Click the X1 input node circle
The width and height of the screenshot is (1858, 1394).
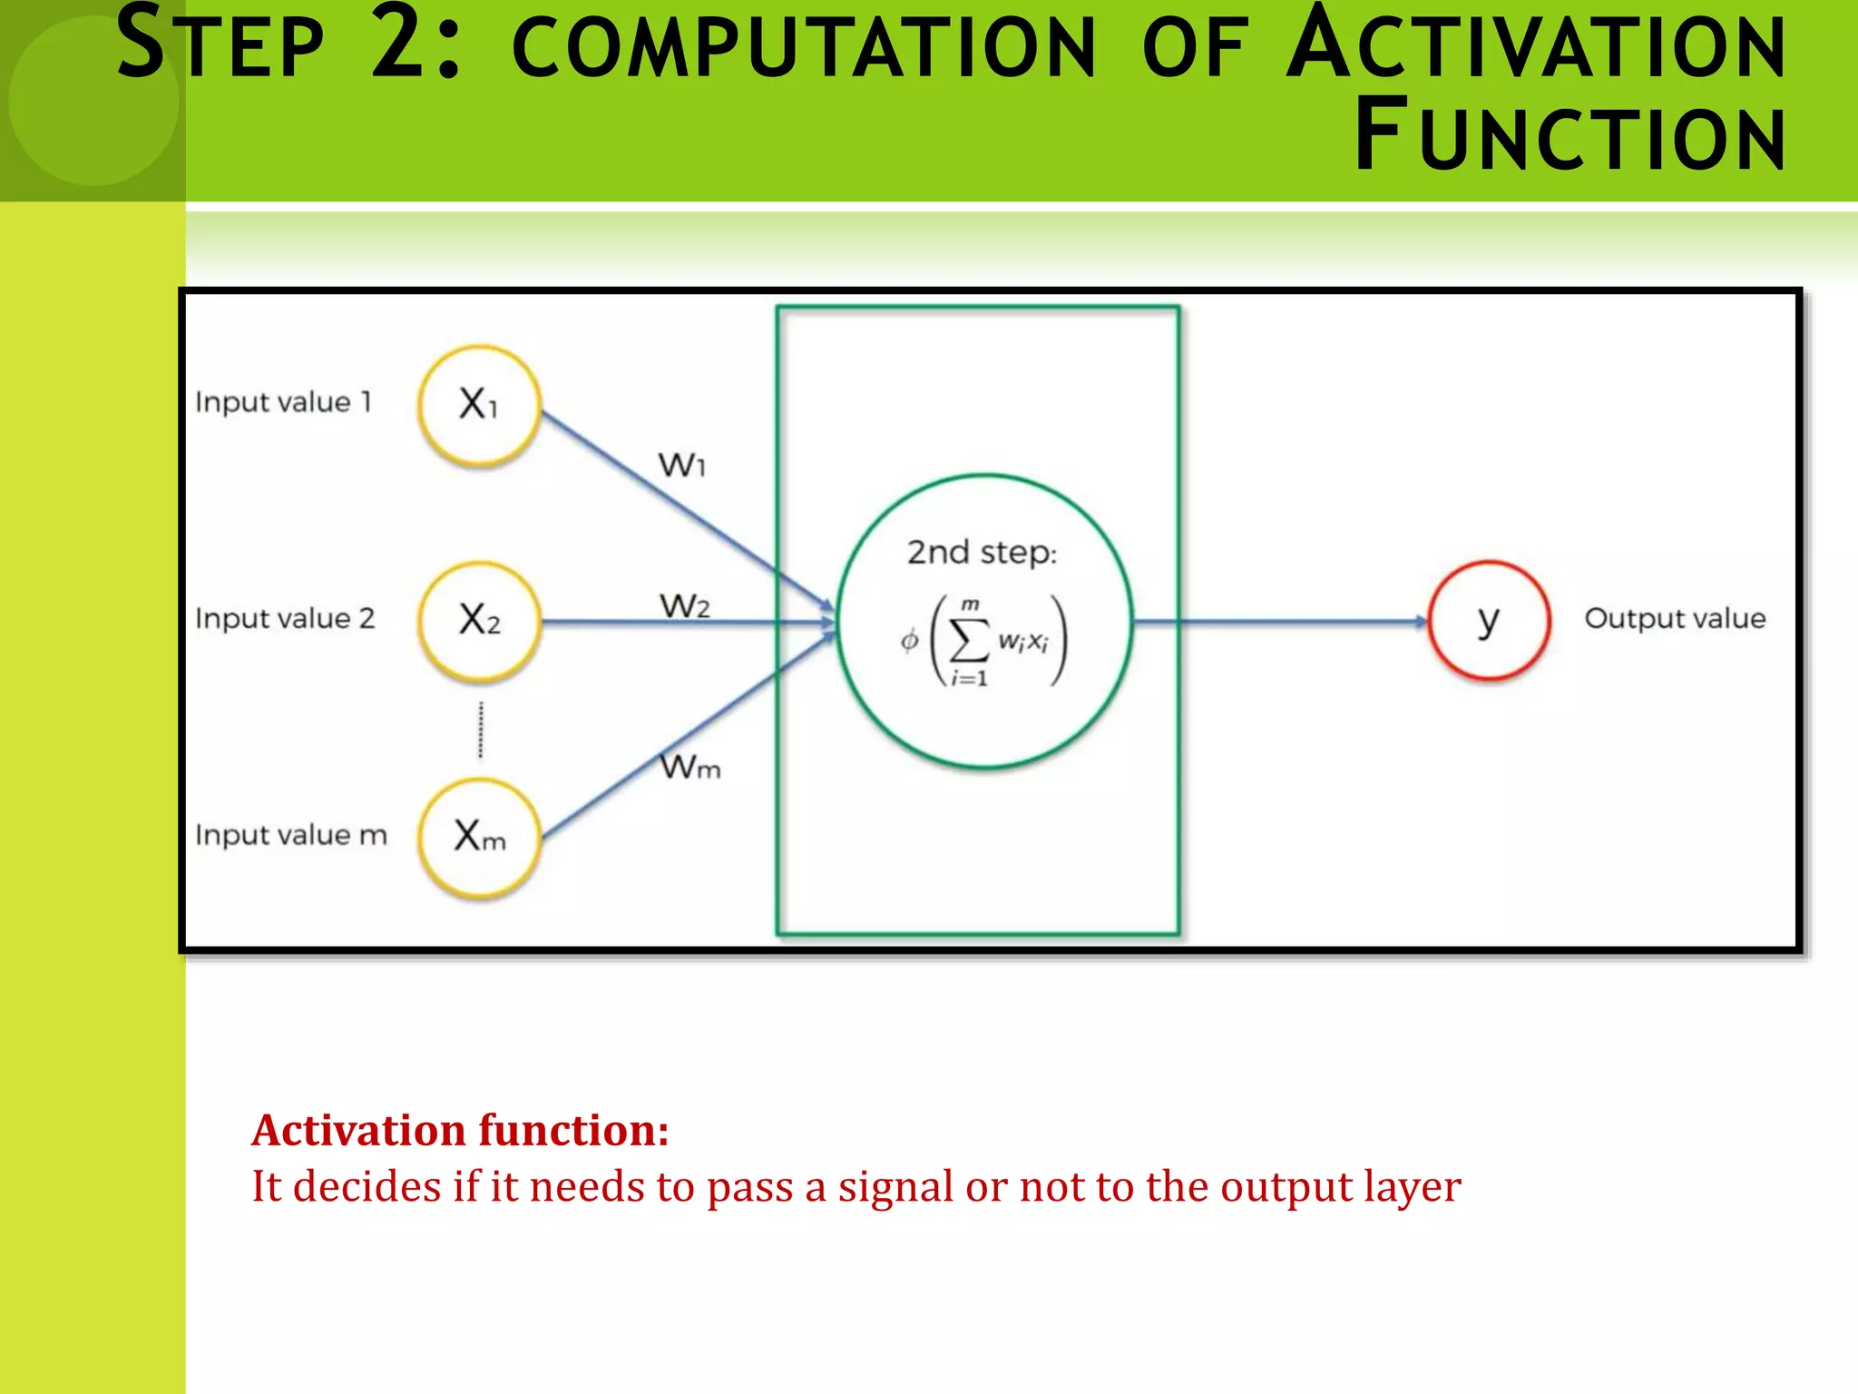(480, 406)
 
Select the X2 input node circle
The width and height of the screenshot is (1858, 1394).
(480, 621)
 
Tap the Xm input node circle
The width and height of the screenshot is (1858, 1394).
(480, 836)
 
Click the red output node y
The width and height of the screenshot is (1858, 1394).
(1489, 621)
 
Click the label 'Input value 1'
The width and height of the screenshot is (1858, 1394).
(284, 402)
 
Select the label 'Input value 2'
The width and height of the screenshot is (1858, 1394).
(285, 619)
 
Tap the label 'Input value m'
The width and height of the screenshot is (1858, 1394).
(291, 835)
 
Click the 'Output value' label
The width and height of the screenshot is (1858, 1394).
(1675, 619)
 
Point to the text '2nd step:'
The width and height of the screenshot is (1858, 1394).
(983, 552)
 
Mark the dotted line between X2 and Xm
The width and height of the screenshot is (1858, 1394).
(481, 730)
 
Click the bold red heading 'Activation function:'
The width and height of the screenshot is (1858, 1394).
(461, 1131)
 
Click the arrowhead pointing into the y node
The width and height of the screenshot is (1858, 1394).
(1421, 622)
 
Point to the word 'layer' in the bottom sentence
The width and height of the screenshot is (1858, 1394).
(1413, 1186)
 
